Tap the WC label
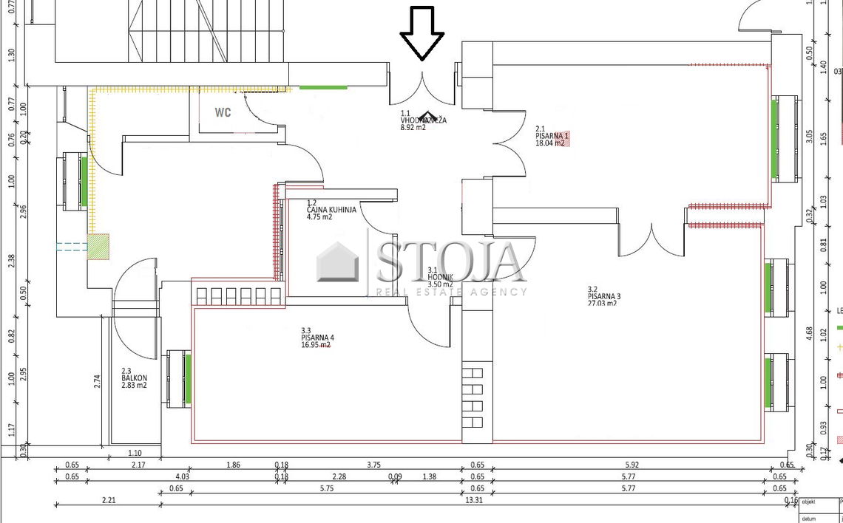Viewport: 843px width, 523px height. (223, 113)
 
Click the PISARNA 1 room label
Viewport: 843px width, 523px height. (552, 136)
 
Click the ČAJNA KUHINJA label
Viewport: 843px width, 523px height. (331, 210)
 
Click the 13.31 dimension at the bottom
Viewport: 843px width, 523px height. (475, 500)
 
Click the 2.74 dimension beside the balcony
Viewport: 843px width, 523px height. (98, 381)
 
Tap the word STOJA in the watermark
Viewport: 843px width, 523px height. (450, 261)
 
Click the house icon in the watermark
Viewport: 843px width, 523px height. (337, 262)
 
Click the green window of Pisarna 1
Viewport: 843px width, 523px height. (774, 138)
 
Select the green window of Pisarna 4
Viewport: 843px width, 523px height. (188, 378)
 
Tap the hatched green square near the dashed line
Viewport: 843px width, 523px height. (98, 246)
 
